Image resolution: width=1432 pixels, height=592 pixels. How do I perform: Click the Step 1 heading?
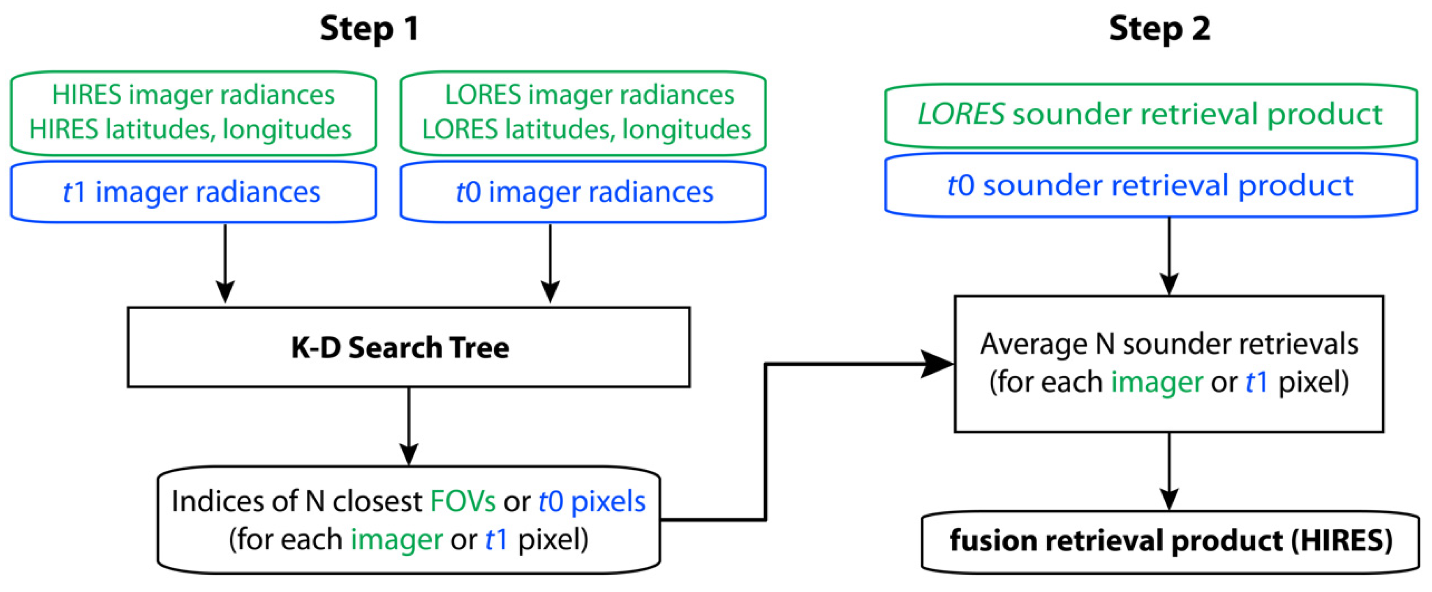[369, 29]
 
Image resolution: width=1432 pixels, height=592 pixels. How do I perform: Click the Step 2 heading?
[1159, 29]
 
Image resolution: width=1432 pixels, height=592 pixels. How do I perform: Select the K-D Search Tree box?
[409, 347]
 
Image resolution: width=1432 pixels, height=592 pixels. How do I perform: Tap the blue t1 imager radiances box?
[193, 192]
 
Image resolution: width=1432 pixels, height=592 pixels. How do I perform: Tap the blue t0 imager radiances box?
[583, 192]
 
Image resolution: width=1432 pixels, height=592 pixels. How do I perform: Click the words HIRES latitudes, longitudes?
[190, 130]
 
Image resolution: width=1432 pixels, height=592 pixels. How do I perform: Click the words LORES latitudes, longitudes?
[586, 130]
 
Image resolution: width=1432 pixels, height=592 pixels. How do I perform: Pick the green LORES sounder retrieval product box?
[1150, 115]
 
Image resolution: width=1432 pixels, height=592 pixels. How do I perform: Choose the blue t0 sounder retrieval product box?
[1150, 185]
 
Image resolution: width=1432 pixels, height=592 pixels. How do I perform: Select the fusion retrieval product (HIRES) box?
[1170, 541]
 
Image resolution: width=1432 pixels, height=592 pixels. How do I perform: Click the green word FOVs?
[463, 502]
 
